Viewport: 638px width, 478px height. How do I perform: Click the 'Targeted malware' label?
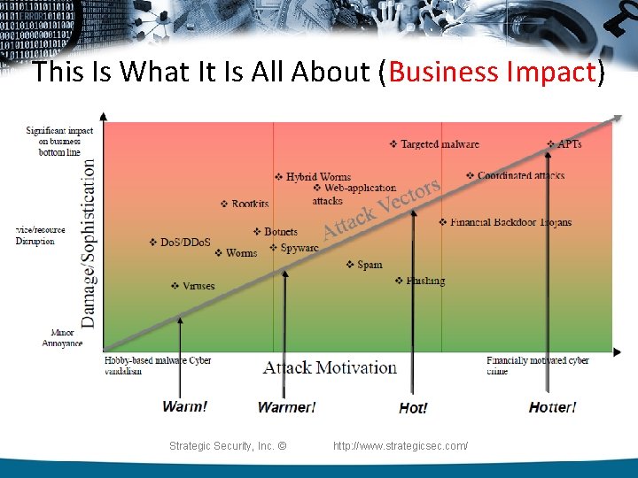coord(440,144)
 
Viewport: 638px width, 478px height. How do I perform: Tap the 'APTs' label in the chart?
coord(569,144)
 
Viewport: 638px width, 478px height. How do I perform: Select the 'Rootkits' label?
coord(250,204)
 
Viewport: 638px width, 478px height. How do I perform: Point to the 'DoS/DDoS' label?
coord(185,242)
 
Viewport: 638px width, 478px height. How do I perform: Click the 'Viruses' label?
coord(198,286)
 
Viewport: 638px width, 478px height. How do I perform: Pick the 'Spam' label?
coord(370,264)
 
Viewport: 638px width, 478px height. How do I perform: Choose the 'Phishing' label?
coord(425,281)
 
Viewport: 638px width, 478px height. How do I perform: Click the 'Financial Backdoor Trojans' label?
coord(510,222)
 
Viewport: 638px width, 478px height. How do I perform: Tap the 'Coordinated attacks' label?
coord(520,175)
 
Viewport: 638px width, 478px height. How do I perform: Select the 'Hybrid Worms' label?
coord(318,177)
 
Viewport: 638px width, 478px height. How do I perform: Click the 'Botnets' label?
coord(280,232)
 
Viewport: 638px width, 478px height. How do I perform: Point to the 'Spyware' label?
coord(299,248)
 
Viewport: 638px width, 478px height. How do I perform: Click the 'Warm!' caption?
coord(185,406)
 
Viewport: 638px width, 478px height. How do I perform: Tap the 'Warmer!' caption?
coord(286,407)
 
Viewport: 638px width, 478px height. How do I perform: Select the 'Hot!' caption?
coord(414,408)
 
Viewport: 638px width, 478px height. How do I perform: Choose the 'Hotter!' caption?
coord(552,407)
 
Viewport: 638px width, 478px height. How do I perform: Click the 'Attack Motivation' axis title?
coord(330,367)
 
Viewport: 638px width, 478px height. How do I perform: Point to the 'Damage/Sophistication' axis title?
coord(89,240)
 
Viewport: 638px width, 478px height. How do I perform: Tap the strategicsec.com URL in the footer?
coord(401,446)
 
